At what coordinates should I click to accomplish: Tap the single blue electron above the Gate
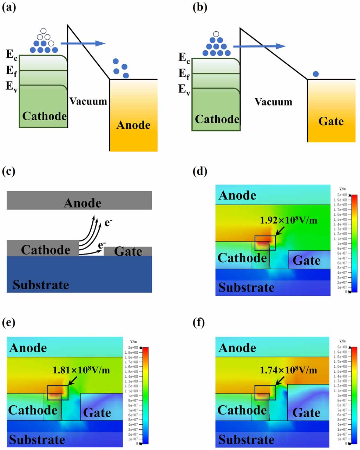(x=316, y=74)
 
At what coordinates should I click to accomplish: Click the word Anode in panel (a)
(x=133, y=125)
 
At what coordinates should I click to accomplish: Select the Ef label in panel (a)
(x=11, y=71)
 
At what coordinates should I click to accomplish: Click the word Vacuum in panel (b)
(x=273, y=102)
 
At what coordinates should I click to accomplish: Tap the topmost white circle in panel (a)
(x=44, y=31)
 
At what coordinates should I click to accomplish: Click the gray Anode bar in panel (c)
(x=79, y=200)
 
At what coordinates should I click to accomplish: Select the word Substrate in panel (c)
(x=41, y=284)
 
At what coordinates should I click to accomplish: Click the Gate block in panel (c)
(x=128, y=251)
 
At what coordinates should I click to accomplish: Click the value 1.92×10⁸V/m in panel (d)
(x=288, y=220)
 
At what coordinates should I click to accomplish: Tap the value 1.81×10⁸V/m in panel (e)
(x=81, y=370)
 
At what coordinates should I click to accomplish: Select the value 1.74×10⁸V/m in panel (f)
(x=288, y=370)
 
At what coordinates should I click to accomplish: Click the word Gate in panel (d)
(x=306, y=260)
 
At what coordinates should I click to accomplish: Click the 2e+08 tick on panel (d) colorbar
(x=342, y=195)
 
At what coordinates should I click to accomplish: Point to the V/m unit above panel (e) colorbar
(x=133, y=341)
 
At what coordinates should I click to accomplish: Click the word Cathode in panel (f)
(x=242, y=410)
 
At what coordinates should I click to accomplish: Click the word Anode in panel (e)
(x=28, y=348)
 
